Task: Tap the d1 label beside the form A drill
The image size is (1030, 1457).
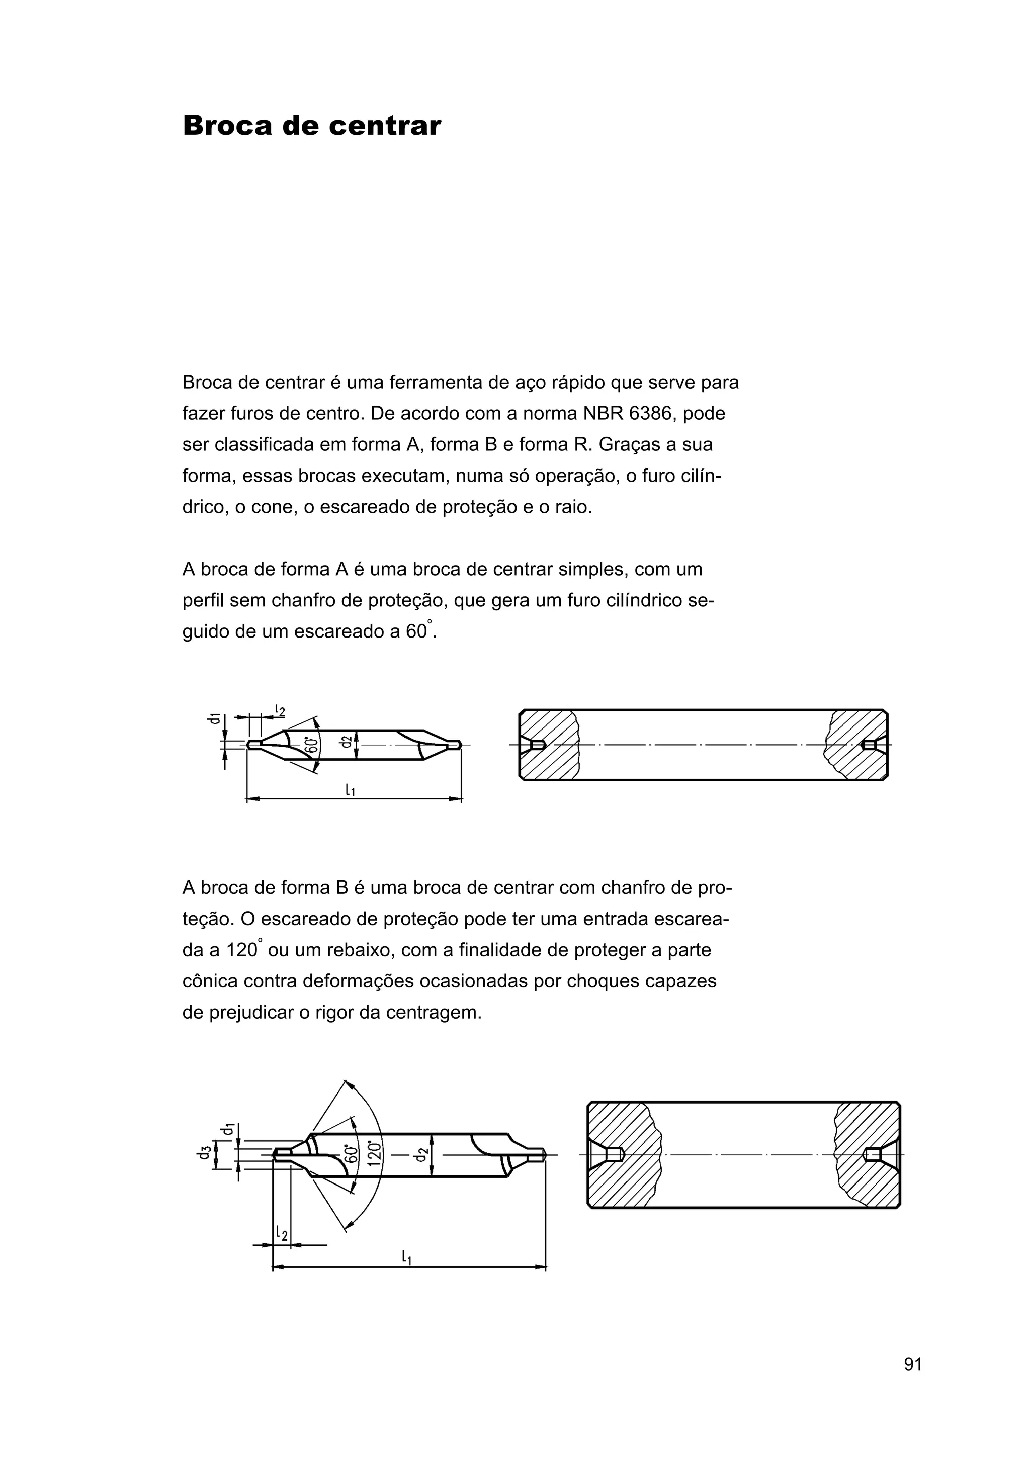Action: (x=216, y=718)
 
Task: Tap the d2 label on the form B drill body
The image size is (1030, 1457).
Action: (x=421, y=1154)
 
